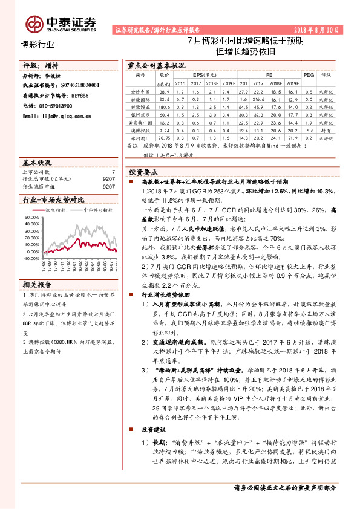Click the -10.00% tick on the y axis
click(31, 251)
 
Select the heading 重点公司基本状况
click(155, 65)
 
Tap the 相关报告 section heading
click(34, 284)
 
